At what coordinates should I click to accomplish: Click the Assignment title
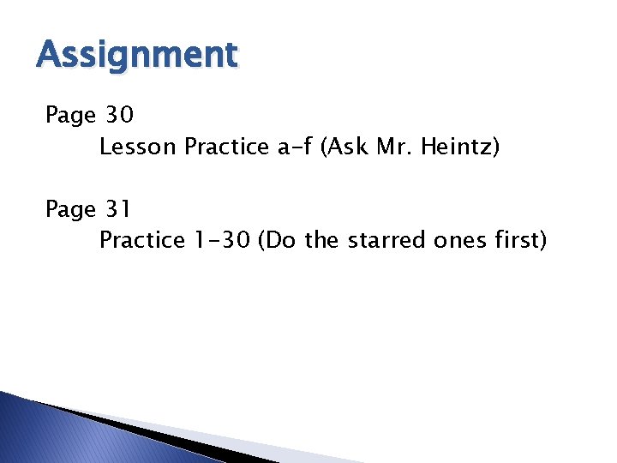coord(137,56)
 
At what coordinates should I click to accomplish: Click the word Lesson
coord(138,147)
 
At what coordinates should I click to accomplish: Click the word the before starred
coord(321,240)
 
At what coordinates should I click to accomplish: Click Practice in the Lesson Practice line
coord(226,147)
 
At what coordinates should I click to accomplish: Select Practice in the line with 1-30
coord(141,240)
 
